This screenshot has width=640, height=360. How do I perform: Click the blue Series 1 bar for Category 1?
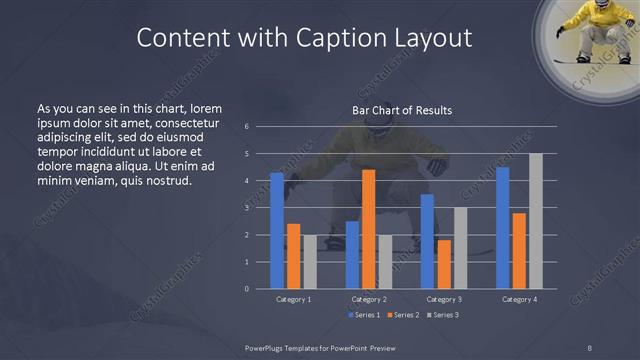(277, 231)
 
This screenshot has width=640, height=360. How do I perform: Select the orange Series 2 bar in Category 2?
(369, 229)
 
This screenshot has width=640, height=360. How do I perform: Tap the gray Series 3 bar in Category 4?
(535, 221)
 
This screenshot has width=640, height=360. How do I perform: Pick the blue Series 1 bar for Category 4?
(502, 228)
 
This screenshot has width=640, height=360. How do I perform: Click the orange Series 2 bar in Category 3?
(444, 264)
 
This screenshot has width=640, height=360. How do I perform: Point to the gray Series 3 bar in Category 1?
(310, 262)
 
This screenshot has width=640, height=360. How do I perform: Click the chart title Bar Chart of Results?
(402, 110)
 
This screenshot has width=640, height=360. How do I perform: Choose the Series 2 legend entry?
(402, 315)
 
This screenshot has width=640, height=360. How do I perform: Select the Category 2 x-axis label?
(369, 299)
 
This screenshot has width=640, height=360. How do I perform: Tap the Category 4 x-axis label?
(518, 299)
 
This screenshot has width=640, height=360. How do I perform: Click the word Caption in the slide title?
(343, 38)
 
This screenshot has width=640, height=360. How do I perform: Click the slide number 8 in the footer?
(590, 346)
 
